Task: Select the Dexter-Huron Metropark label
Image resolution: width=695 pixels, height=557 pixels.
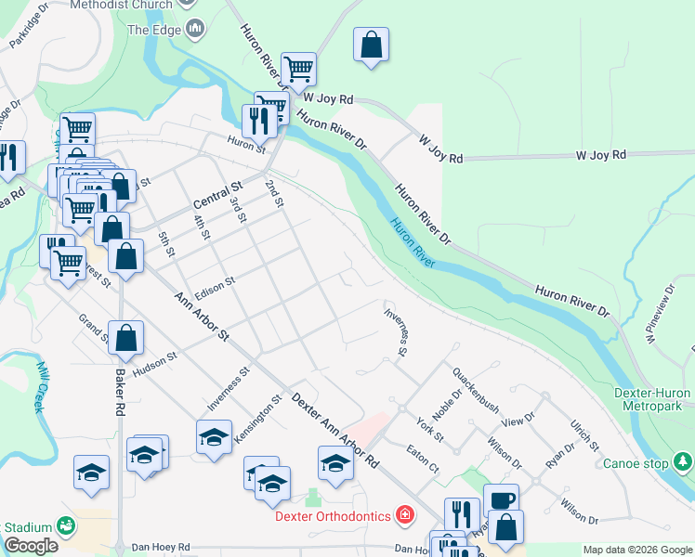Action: click(x=652, y=399)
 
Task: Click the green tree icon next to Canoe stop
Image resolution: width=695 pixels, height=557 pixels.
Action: click(x=683, y=461)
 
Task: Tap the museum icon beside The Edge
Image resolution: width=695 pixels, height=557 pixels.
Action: click(x=195, y=30)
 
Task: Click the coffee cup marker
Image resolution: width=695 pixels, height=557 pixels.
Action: click(x=501, y=499)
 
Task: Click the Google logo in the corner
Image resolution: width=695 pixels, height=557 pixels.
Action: click(x=31, y=546)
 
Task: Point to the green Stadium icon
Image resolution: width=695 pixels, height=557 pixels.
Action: click(x=66, y=525)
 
